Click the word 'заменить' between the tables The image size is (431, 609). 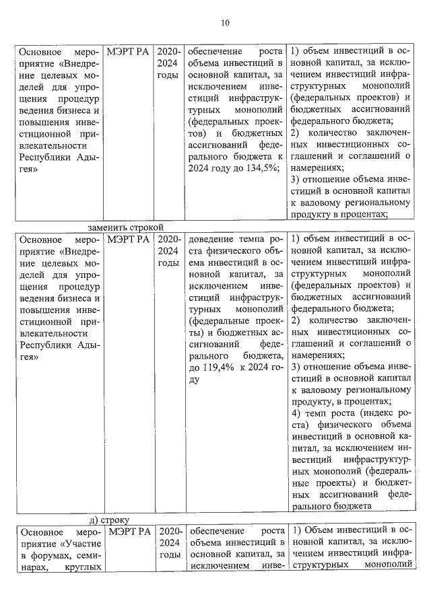coord(108,227)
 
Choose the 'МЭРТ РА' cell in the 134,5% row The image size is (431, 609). coord(128,51)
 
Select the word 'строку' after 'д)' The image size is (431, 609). coord(121,520)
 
